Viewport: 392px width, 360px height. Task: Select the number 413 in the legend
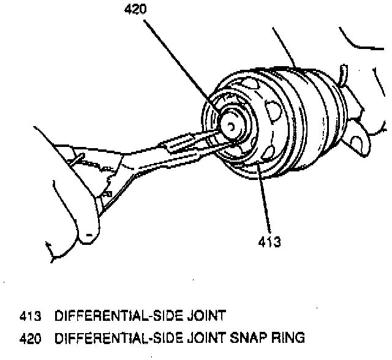pyautogui.click(x=29, y=317)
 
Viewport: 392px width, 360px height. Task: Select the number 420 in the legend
pyautogui.click(x=29, y=337)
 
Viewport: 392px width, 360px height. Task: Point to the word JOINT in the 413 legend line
pyautogui.click(x=204, y=317)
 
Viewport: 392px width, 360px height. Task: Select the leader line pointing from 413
pyautogui.click(x=265, y=202)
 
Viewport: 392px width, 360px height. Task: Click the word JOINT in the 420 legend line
pyautogui.click(x=204, y=337)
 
